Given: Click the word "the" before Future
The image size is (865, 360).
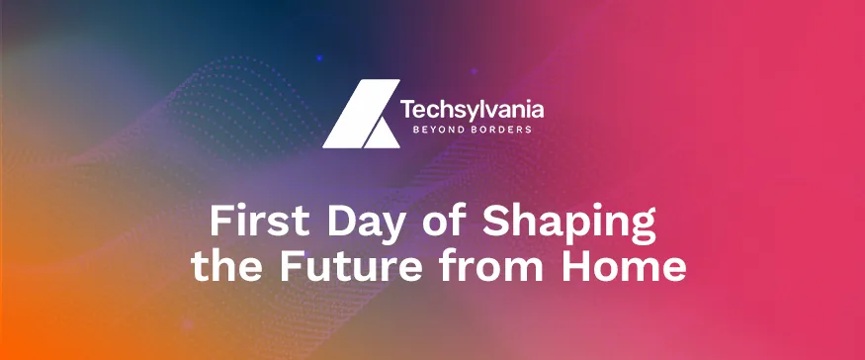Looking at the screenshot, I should (x=222, y=267).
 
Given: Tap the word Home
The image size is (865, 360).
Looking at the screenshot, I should (x=621, y=267).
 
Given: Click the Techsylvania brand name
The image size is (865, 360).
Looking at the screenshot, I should (x=472, y=108).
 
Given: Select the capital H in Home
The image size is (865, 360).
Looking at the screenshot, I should (x=574, y=267).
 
